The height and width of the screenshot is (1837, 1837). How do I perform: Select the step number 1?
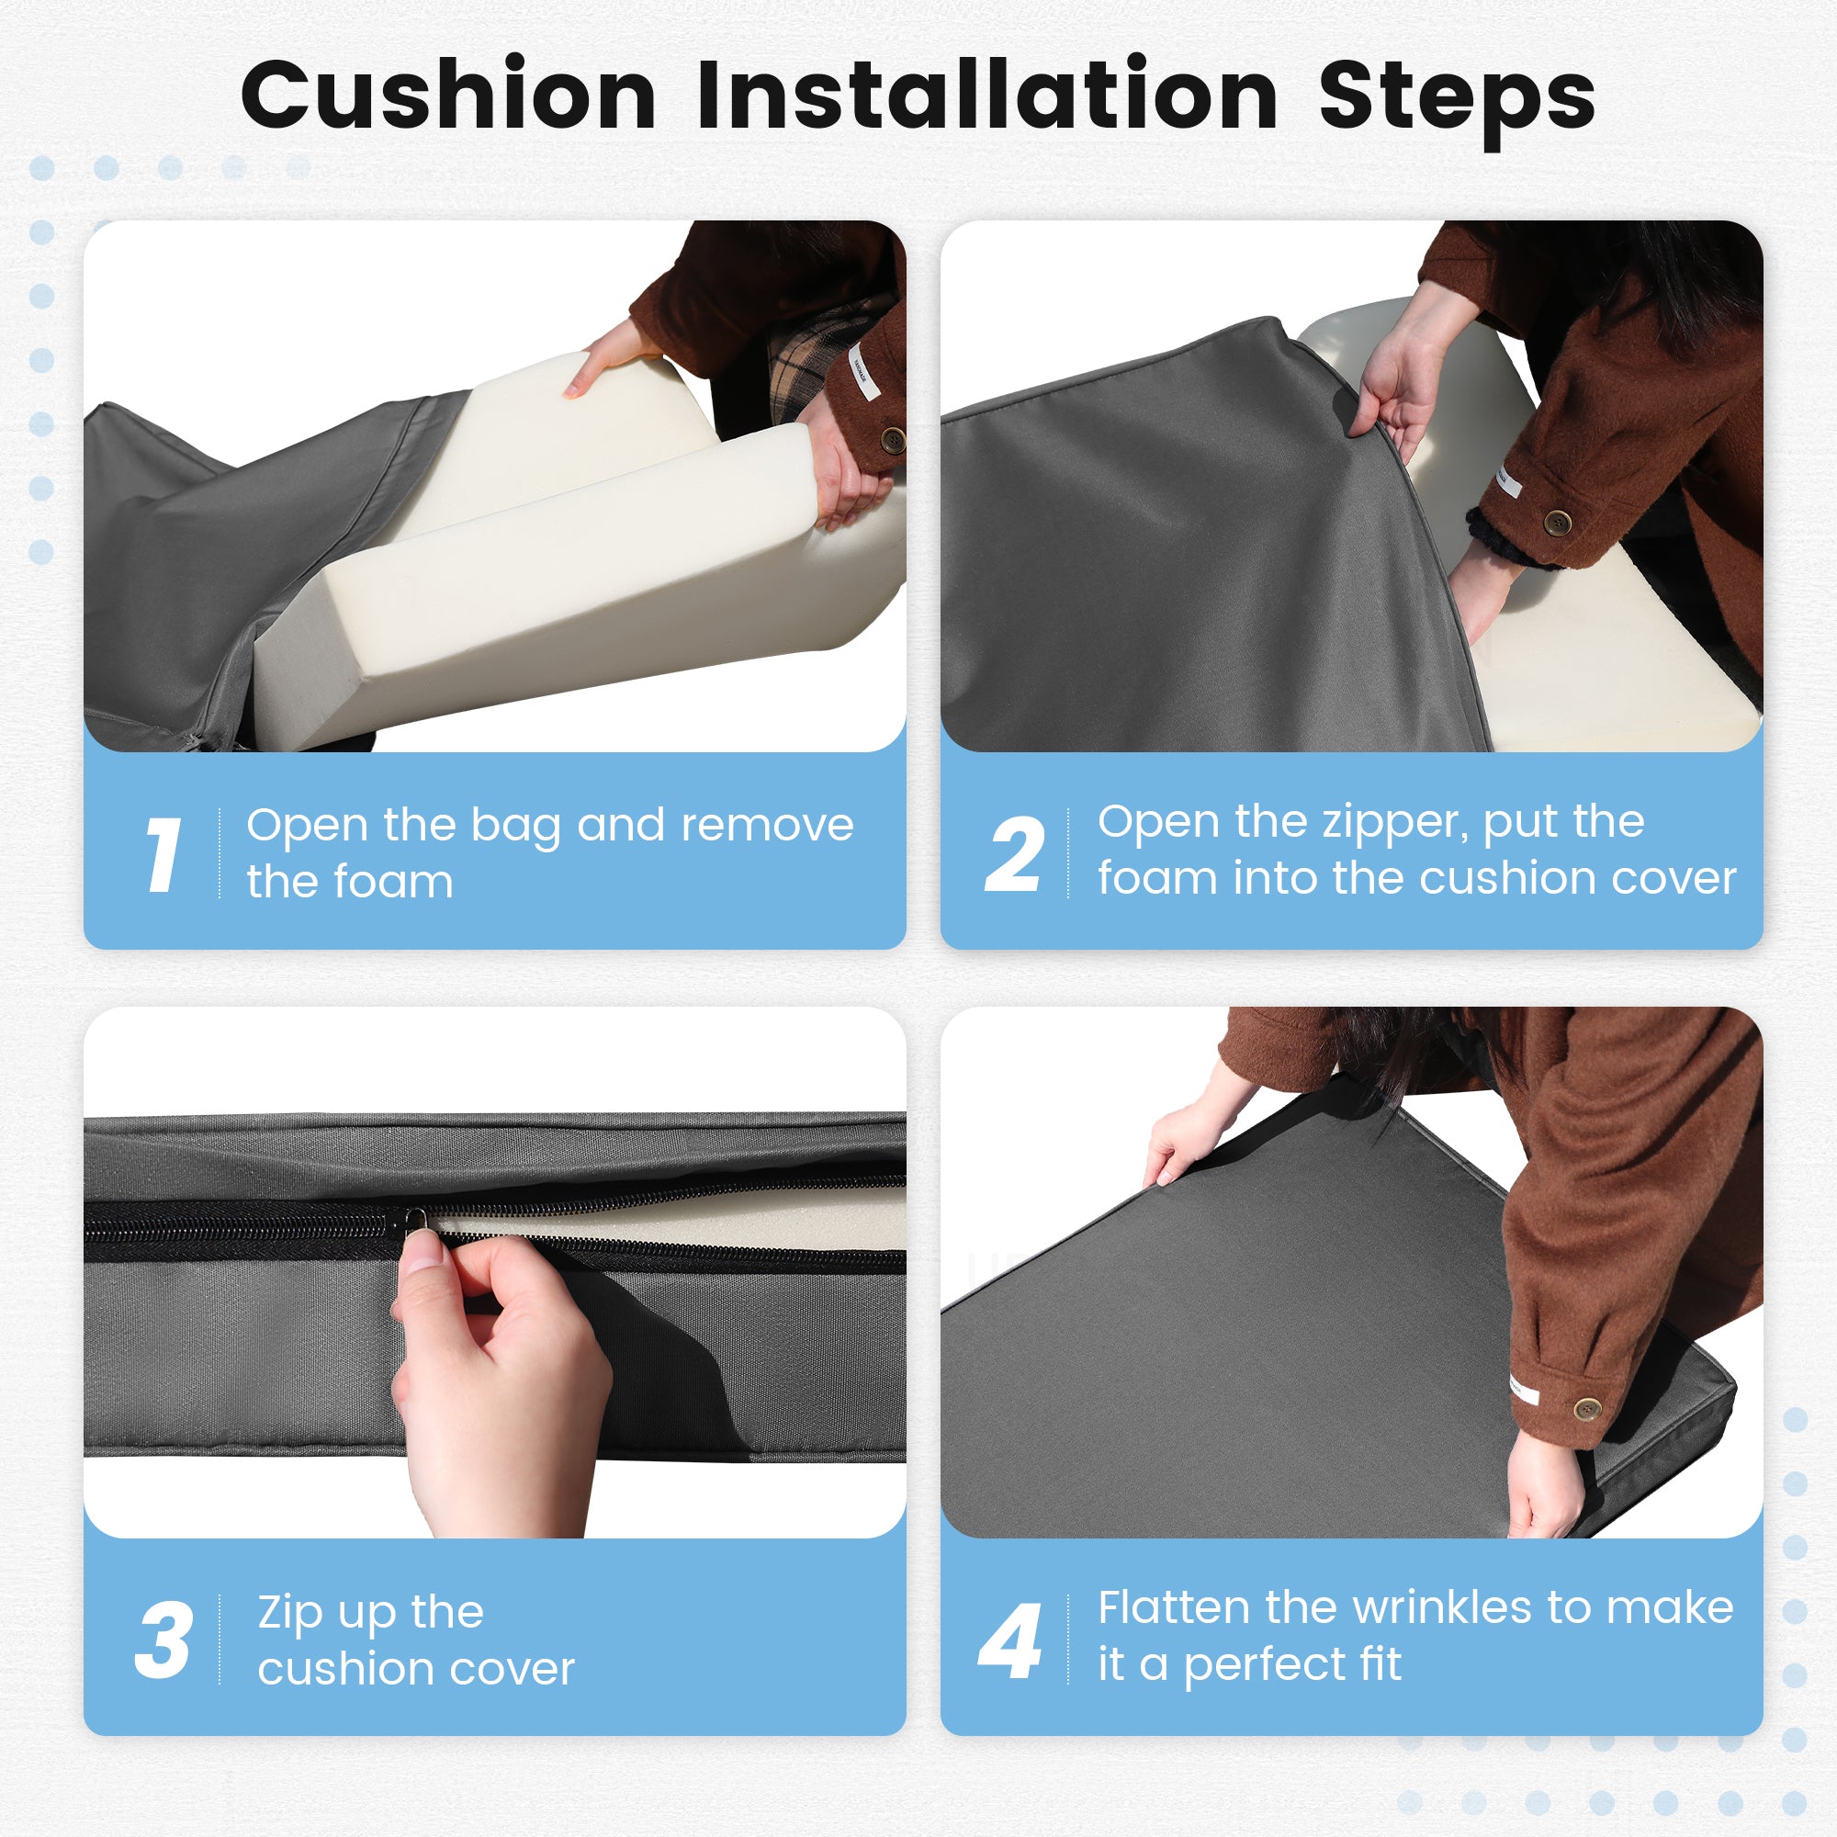click(x=163, y=854)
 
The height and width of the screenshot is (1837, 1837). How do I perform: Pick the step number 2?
click(x=1015, y=854)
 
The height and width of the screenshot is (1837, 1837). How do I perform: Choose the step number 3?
click(x=163, y=1640)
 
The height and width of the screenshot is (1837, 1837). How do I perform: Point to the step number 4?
click(x=1009, y=1640)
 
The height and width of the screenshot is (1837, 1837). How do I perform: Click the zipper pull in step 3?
click(x=415, y=1219)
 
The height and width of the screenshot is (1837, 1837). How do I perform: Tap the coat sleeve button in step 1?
click(x=893, y=439)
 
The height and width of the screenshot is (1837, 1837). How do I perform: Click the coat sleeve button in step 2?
click(x=1558, y=522)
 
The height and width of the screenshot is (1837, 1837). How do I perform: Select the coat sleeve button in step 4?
click(x=1587, y=1408)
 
